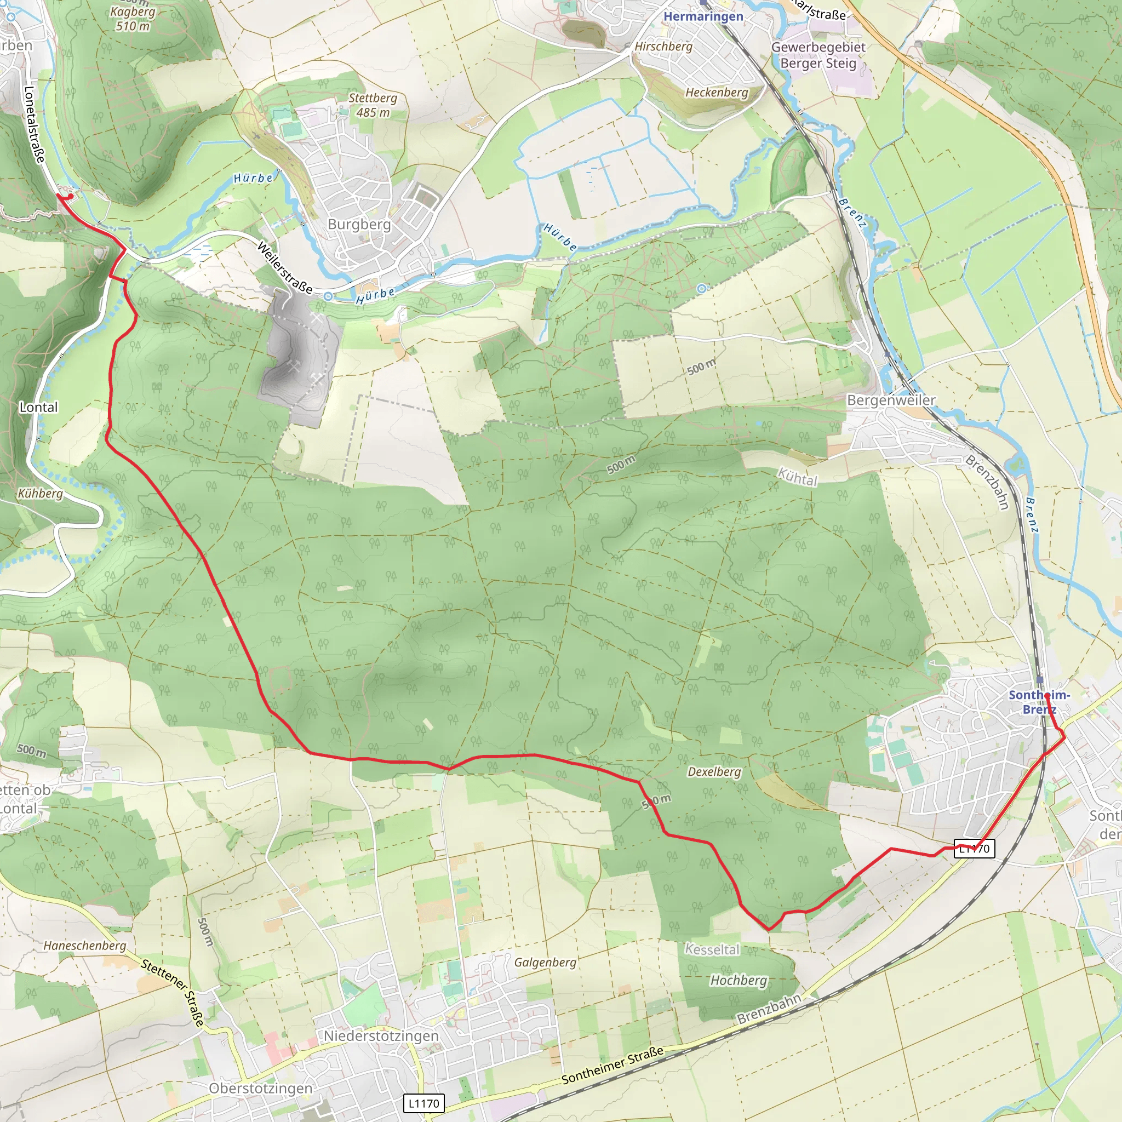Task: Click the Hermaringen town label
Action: click(x=703, y=16)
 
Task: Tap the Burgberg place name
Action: click(x=359, y=224)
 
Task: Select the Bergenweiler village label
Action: click(x=891, y=400)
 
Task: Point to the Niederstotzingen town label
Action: click(x=381, y=1035)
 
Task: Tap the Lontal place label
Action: click(x=38, y=407)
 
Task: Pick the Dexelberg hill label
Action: click(x=714, y=772)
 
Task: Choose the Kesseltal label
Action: click(x=712, y=949)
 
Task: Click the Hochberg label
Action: click(x=738, y=980)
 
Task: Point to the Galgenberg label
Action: click(x=545, y=962)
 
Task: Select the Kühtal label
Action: click(x=797, y=478)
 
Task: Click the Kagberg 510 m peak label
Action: click(x=133, y=19)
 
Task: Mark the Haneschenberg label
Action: click(x=85, y=946)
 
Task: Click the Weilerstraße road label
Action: click(x=284, y=268)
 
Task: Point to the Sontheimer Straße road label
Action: click(x=612, y=1065)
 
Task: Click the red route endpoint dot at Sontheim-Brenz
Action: click(x=1046, y=695)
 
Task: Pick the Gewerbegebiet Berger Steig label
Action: click(x=818, y=55)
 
